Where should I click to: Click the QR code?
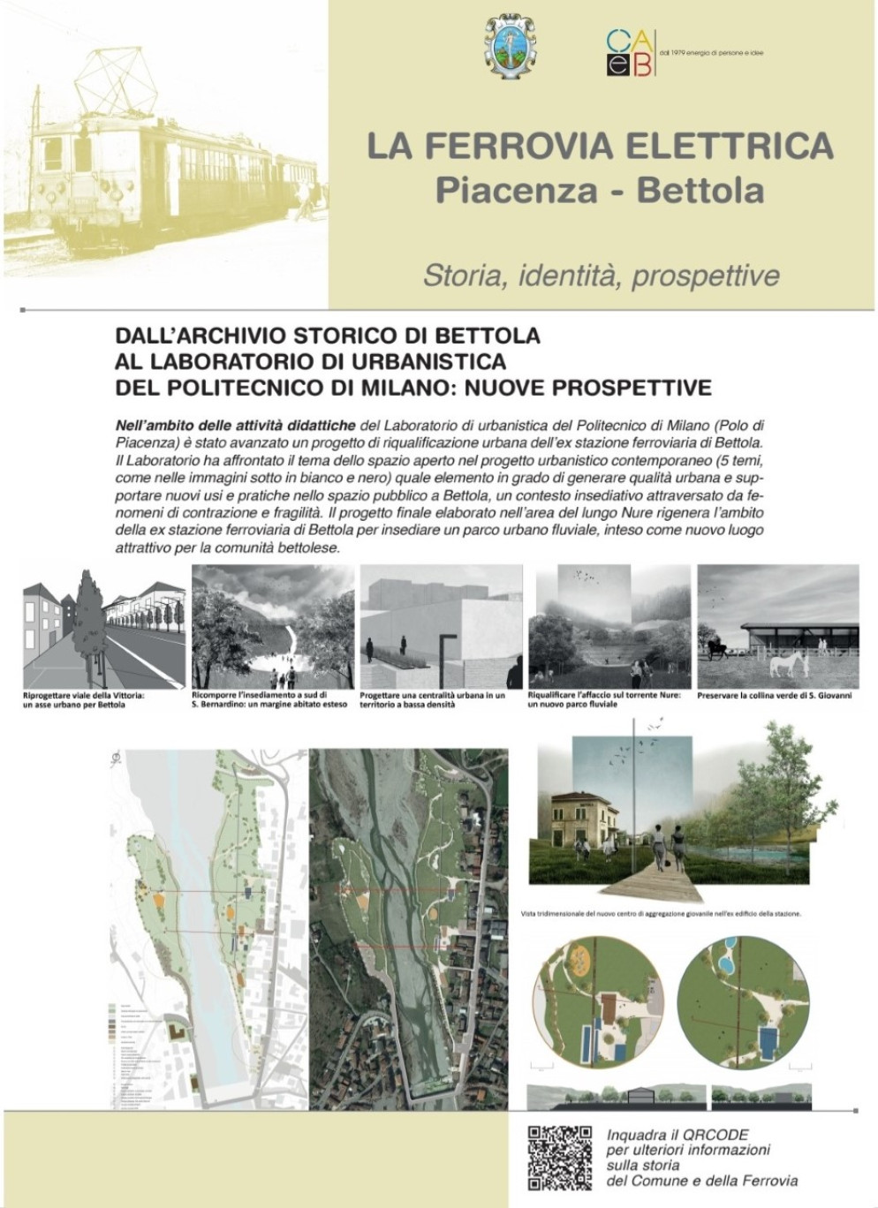(560, 1157)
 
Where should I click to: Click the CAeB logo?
(631, 52)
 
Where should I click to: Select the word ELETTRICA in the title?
(730, 146)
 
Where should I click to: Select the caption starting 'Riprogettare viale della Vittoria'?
(83, 700)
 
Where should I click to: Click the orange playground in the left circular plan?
(579, 959)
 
